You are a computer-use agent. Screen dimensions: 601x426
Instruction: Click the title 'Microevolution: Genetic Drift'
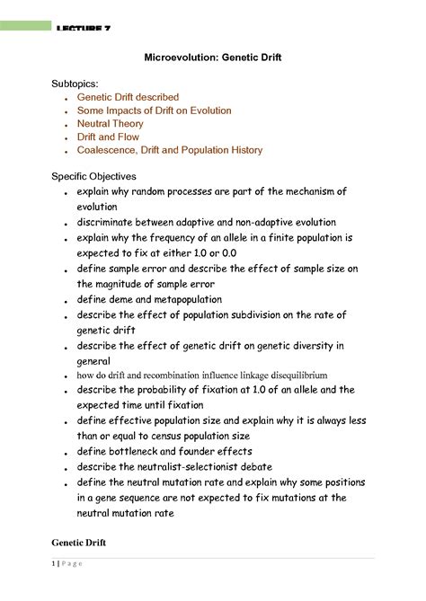212,57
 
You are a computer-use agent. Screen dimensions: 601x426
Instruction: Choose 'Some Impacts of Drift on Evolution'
154,110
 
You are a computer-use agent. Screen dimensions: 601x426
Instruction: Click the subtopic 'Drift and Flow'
110,137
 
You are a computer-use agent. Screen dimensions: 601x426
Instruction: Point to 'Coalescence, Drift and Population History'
170,151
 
